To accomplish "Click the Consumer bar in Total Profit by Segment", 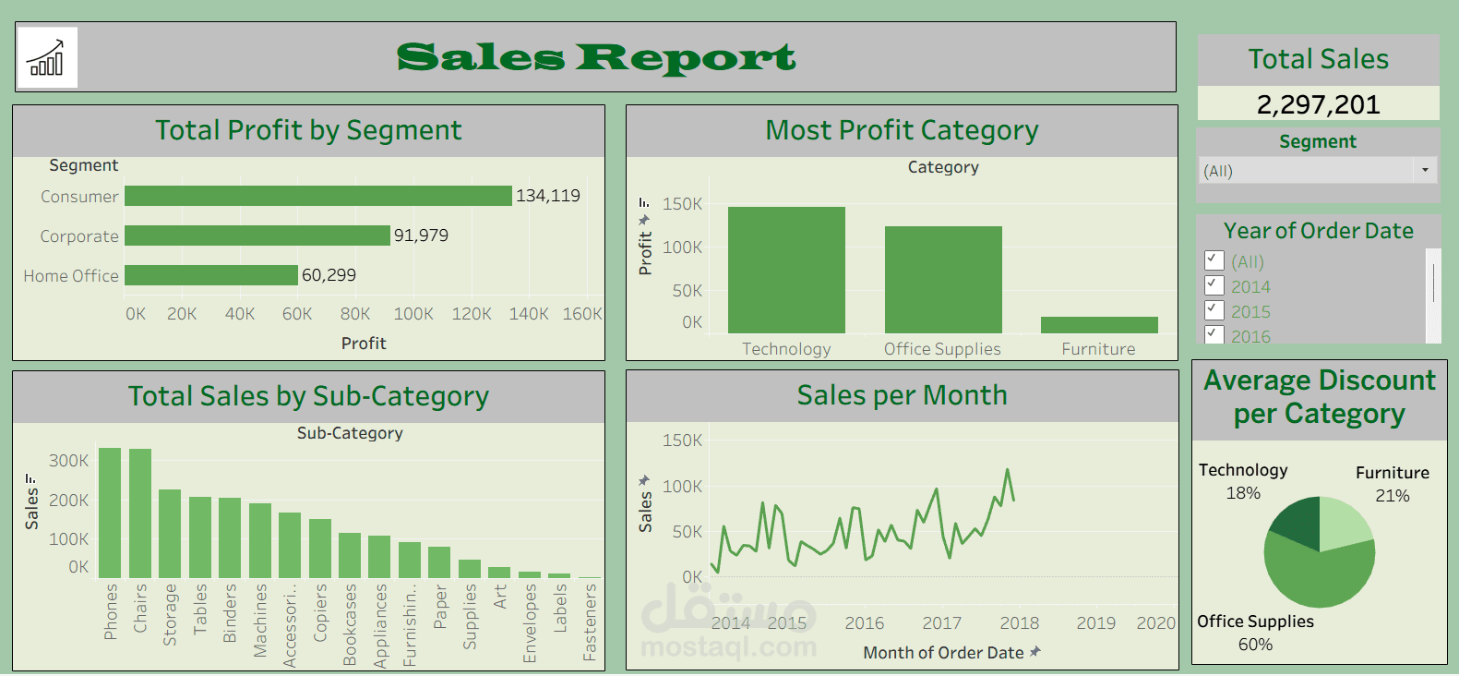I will coord(317,196).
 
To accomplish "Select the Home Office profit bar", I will coord(211,275).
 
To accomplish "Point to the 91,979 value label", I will coord(421,235).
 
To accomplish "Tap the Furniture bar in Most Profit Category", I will coord(1098,325).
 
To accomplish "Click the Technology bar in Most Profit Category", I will coord(786,270).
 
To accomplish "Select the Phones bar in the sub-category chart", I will coord(110,513).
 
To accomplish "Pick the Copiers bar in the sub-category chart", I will coord(319,548).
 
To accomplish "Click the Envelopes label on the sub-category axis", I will coord(530,622).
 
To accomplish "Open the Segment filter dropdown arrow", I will coord(1425,170).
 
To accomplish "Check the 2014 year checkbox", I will coord(1214,285).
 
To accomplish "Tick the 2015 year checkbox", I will coord(1214,310).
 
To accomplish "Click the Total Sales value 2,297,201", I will coord(1318,104).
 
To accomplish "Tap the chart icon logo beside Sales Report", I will coord(47,57).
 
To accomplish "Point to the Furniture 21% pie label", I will coord(1392,496).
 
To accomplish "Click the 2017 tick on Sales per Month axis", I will coord(941,623).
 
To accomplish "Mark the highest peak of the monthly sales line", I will coord(1008,470).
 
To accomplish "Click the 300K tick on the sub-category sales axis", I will coord(69,461).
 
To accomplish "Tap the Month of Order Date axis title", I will coord(943,653).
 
